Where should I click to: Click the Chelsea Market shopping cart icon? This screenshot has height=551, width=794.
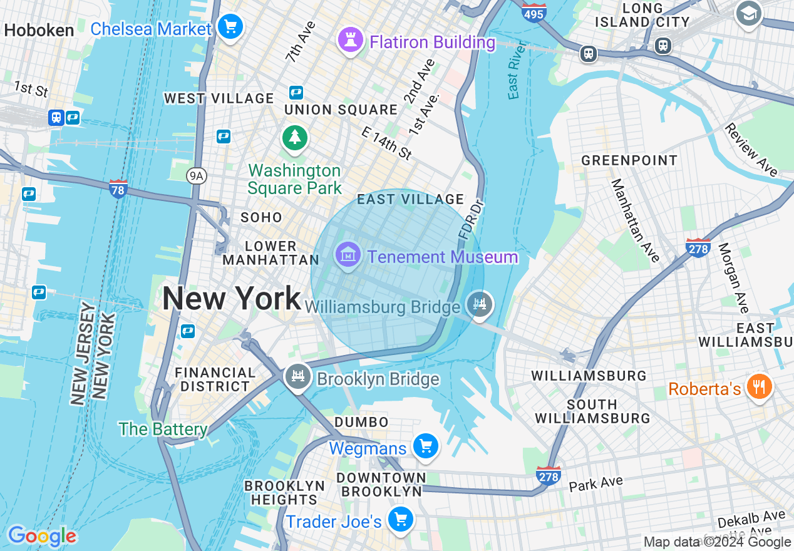[231, 28]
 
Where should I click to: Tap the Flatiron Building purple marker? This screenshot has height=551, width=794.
[350, 41]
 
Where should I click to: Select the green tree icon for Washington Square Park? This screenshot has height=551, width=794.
[294, 138]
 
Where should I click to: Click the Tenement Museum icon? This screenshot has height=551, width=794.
[347, 255]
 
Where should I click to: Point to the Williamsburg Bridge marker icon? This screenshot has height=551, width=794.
[480, 305]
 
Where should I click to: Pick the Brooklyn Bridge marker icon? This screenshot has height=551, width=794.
[298, 377]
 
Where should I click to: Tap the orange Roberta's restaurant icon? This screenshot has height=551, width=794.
[759, 386]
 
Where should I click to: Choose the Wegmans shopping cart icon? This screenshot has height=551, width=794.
[426, 446]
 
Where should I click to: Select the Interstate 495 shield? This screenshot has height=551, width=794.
[534, 11]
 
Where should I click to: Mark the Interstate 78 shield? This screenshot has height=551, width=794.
[118, 188]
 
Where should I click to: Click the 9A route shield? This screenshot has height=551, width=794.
[197, 176]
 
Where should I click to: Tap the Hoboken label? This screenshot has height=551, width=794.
[39, 30]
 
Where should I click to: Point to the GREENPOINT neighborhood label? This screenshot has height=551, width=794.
[629, 160]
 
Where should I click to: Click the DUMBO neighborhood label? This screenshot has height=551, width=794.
[362, 422]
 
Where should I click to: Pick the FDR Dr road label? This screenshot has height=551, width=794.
[470, 219]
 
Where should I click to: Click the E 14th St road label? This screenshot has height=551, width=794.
[387, 143]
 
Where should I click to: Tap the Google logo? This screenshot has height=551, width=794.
[42, 536]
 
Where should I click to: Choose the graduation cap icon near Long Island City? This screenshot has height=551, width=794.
[748, 13]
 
